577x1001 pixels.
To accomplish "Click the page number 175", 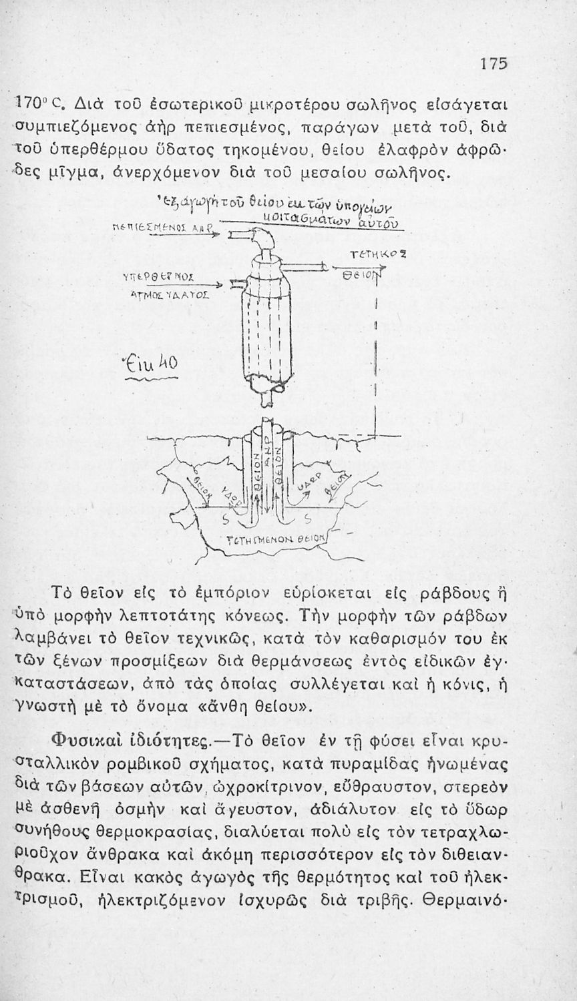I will pyautogui.click(x=494, y=64).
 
